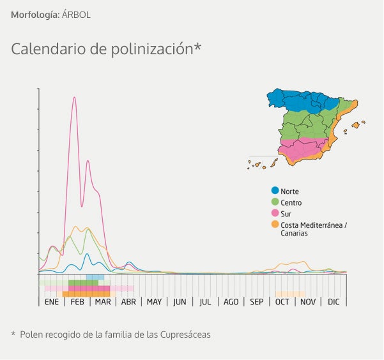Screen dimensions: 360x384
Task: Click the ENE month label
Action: click(x=52, y=302)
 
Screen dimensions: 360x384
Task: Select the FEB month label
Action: click(x=77, y=302)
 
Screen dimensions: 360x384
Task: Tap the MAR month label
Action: click(x=103, y=302)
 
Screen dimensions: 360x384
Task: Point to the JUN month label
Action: click(x=180, y=302)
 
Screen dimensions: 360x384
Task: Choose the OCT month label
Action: click(x=282, y=302)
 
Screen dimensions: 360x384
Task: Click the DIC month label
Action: click(x=334, y=302)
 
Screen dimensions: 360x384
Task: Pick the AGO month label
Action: click(x=231, y=302)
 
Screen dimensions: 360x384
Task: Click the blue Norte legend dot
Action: click(x=275, y=191)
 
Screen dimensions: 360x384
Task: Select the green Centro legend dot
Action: click(x=275, y=202)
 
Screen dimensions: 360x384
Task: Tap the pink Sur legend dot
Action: click(x=275, y=213)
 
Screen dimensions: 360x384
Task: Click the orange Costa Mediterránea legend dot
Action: click(x=275, y=224)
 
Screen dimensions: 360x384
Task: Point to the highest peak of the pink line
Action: click(x=75, y=97)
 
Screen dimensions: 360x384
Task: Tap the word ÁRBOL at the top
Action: click(x=76, y=14)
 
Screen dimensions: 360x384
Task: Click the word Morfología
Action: click(x=35, y=14)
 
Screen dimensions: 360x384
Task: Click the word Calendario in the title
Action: click(x=42, y=49)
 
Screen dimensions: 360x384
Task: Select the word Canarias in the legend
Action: click(x=294, y=233)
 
